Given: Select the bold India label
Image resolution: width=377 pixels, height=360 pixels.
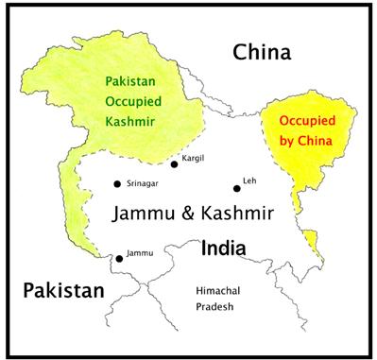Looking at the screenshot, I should click(x=224, y=249).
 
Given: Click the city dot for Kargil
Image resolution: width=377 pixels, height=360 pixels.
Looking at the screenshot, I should click(x=174, y=164).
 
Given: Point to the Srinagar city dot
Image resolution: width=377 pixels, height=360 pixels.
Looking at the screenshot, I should click(x=116, y=183).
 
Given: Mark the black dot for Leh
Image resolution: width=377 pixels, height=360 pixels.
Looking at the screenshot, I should click(x=237, y=188).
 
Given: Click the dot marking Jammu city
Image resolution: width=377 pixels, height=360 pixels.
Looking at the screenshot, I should click(x=119, y=257).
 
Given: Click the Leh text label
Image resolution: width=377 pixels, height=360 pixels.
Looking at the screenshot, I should click(x=249, y=179).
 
